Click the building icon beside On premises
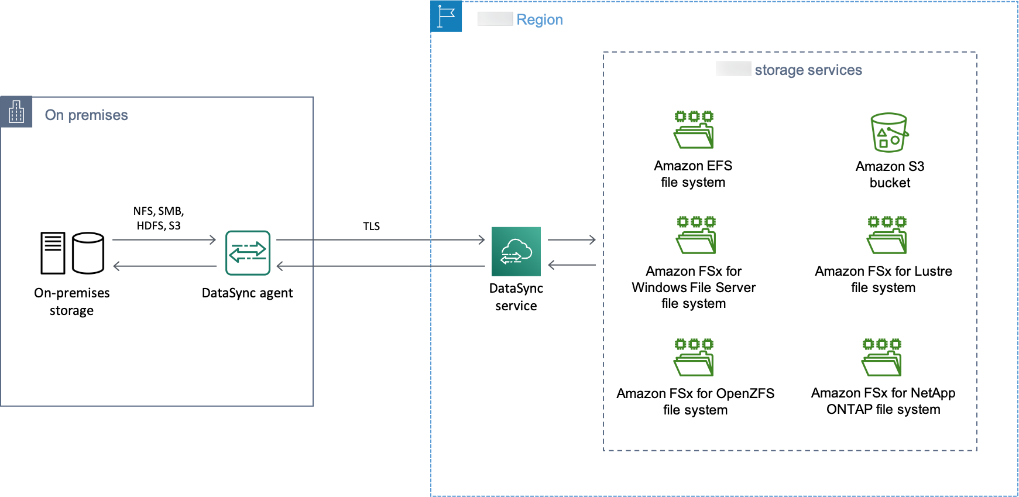[16, 111]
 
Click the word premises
[98, 115]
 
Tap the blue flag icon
[446, 16]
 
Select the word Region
[539, 20]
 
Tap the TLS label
[371, 227]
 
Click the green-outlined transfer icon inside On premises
[248, 253]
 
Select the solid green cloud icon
[516, 251]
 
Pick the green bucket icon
[889, 132]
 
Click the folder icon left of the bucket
[694, 129]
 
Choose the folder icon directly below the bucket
[887, 235]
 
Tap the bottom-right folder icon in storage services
[881, 357]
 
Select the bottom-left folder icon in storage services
[694, 357]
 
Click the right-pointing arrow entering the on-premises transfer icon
[164, 239]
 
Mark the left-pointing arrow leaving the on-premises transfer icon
[164, 266]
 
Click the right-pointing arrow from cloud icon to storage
[571, 239]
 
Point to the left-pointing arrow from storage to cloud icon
[571, 265]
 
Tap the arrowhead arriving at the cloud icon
[482, 239]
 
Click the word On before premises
[54, 115]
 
